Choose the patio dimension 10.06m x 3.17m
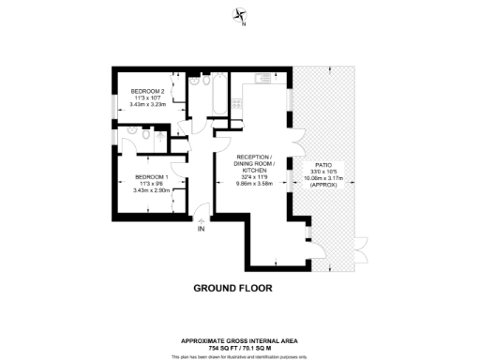pos(322,178)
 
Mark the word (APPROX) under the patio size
pos(322,185)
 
